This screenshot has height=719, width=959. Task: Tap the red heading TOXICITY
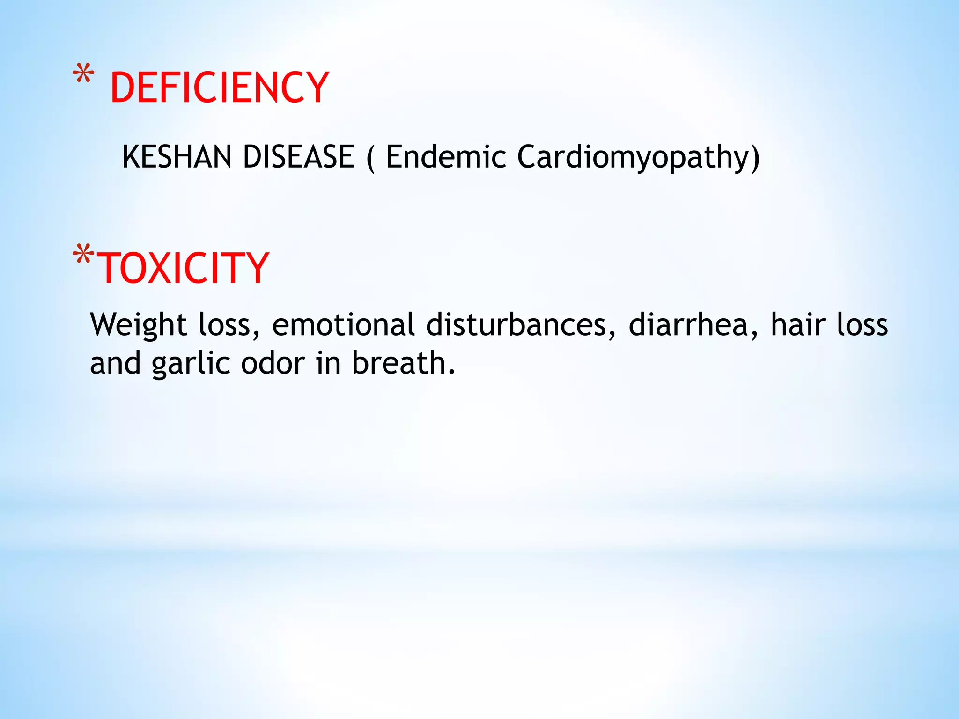click(x=183, y=268)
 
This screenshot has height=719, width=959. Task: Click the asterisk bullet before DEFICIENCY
click(x=83, y=75)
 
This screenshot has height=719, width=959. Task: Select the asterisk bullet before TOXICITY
click(x=83, y=256)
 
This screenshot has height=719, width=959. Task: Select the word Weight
click(x=139, y=325)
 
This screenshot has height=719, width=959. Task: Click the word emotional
click(x=343, y=324)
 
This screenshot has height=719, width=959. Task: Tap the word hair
click(x=798, y=324)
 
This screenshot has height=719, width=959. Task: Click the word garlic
click(x=191, y=364)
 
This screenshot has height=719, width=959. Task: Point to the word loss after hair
click(x=862, y=324)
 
